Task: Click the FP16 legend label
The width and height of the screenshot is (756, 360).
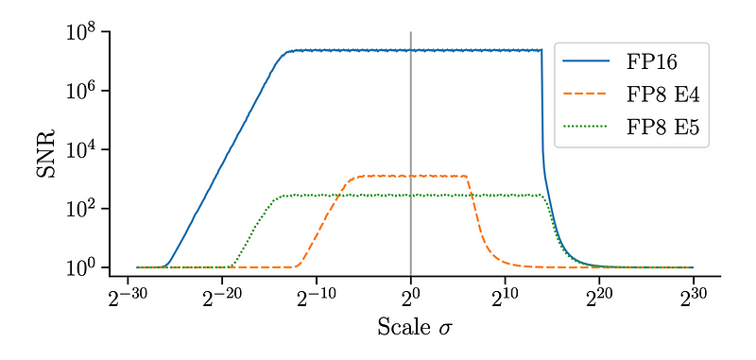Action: [x=651, y=62]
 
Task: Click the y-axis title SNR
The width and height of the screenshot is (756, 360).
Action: [x=45, y=153]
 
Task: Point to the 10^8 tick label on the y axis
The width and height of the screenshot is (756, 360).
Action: [x=82, y=33]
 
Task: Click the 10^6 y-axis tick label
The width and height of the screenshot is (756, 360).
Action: [x=82, y=92]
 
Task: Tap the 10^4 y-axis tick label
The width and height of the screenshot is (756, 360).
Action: [x=82, y=150]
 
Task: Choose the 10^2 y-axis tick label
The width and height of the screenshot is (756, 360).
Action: [x=82, y=209]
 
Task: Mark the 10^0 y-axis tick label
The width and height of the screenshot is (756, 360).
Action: [x=82, y=268]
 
